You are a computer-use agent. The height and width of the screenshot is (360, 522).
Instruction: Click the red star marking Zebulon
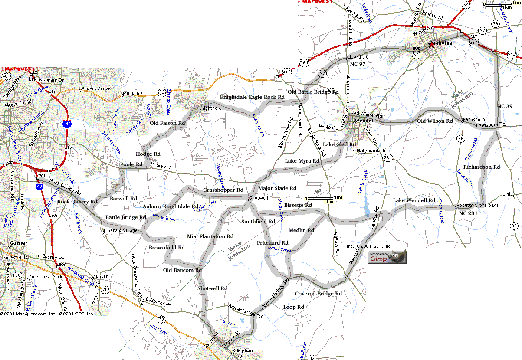pyautogui.click(x=431, y=44)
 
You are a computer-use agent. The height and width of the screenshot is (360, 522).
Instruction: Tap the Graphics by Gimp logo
pyautogui.click(x=387, y=257)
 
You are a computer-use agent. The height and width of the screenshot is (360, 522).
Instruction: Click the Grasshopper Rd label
pyautogui.click(x=223, y=190)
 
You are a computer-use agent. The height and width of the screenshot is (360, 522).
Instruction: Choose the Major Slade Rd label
pyautogui.click(x=277, y=188)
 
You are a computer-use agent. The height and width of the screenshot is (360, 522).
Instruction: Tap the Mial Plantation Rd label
pyautogui.click(x=210, y=236)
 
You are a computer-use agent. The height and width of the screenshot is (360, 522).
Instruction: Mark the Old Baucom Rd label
pyautogui.click(x=182, y=270)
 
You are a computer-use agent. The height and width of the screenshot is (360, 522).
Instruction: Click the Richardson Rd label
pyautogui.click(x=481, y=167)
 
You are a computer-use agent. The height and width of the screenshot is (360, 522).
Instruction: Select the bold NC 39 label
pyautogui.click(x=505, y=106)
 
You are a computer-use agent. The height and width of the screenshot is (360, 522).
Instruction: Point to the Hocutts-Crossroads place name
pyautogui.click(x=477, y=206)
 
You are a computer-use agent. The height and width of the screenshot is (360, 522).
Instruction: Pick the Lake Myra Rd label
pyautogui.click(x=302, y=161)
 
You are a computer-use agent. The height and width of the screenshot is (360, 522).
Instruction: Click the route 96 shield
pyautogui.click(x=461, y=139)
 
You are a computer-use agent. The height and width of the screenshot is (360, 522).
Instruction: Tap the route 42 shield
pyautogui.click(x=312, y=357)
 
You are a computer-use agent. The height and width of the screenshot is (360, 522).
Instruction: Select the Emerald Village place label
pyautogui.click(x=120, y=230)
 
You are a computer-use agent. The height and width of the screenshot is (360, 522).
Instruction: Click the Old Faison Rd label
pyautogui.click(x=167, y=123)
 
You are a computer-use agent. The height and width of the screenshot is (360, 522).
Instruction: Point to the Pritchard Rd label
pyautogui.click(x=272, y=242)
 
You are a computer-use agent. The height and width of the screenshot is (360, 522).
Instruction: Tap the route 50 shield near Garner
pyautogui.click(x=18, y=275)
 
